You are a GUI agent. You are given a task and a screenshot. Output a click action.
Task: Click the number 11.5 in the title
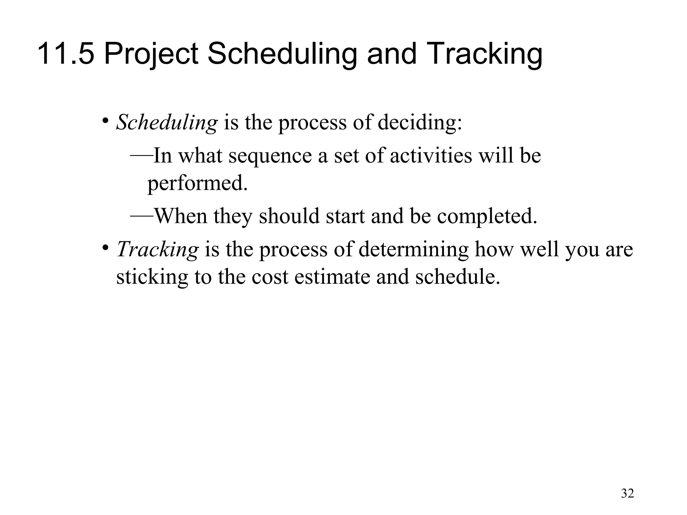pyautogui.click(x=66, y=54)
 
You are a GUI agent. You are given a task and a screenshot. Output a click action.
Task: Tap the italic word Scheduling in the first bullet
pyautogui.click(x=167, y=123)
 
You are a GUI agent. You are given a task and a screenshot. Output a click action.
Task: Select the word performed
pyautogui.click(x=198, y=184)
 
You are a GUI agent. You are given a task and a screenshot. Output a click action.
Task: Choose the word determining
pyautogui.click(x=413, y=250)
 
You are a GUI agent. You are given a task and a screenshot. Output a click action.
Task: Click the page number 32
pyautogui.click(x=628, y=493)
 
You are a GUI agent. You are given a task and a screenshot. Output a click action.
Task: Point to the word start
pyautogui.click(x=345, y=217)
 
